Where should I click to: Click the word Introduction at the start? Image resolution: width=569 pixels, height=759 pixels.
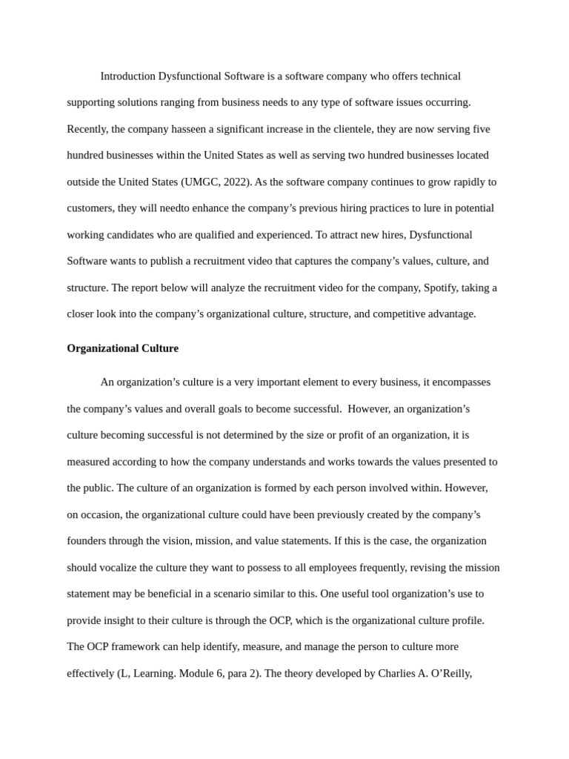tap(128, 76)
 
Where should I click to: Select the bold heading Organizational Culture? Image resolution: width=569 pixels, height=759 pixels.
tap(122, 348)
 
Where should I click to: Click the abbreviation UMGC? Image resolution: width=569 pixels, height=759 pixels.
tap(200, 182)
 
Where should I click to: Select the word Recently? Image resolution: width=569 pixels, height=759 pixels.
tap(87, 129)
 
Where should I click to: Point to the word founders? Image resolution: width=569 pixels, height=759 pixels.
tap(88, 541)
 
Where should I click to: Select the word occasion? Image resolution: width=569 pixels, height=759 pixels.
tap(102, 514)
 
